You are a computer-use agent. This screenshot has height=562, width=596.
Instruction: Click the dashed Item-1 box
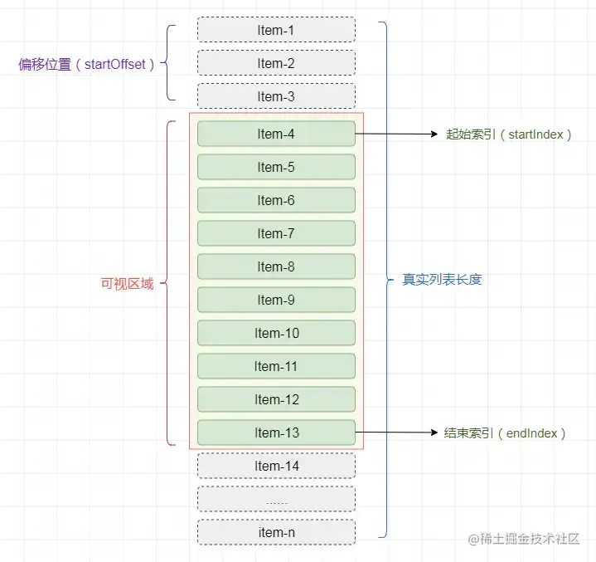click(276, 30)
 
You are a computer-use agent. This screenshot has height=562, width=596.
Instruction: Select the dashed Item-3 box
click(276, 96)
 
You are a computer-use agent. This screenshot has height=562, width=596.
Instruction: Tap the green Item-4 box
click(276, 134)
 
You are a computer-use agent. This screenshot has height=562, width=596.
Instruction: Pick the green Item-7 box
click(276, 233)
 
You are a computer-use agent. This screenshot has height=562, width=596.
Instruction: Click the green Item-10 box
click(276, 333)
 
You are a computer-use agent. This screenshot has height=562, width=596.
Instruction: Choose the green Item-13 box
click(276, 432)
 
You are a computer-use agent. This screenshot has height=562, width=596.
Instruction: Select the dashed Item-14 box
click(276, 466)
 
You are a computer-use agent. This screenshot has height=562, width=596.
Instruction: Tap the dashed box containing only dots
click(276, 499)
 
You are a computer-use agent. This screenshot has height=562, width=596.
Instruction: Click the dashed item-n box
click(276, 532)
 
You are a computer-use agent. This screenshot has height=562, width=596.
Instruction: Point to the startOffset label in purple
click(86, 65)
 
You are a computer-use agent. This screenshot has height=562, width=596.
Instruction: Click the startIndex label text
click(509, 134)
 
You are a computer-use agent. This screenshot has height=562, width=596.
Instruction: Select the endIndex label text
click(505, 433)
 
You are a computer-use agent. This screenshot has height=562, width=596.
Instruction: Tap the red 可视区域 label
click(127, 284)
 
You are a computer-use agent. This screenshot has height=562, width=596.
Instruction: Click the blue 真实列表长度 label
click(442, 280)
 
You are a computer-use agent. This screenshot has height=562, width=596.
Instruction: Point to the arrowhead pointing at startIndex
click(434, 134)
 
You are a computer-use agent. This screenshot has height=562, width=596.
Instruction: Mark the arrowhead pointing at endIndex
click(434, 432)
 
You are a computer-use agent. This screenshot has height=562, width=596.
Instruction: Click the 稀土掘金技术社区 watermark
click(524, 539)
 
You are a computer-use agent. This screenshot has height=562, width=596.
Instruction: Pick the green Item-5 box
click(276, 167)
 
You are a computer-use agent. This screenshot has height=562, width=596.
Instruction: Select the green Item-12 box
click(276, 399)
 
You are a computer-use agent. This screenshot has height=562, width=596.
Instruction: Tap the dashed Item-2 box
click(276, 63)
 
